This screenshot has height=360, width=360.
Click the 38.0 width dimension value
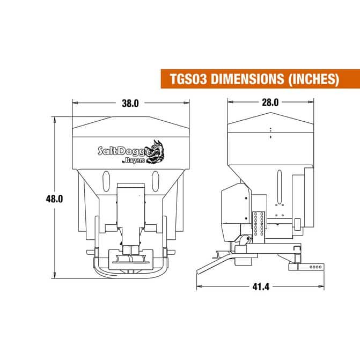point(131,103)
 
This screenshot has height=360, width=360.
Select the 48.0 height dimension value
point(54,198)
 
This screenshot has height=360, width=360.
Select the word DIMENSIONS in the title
point(246,79)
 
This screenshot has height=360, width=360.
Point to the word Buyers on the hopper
point(133,161)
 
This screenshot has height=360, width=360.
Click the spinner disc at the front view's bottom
point(130,261)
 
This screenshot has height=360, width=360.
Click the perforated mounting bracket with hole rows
point(259,223)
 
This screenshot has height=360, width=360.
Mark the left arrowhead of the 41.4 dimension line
point(199,286)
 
